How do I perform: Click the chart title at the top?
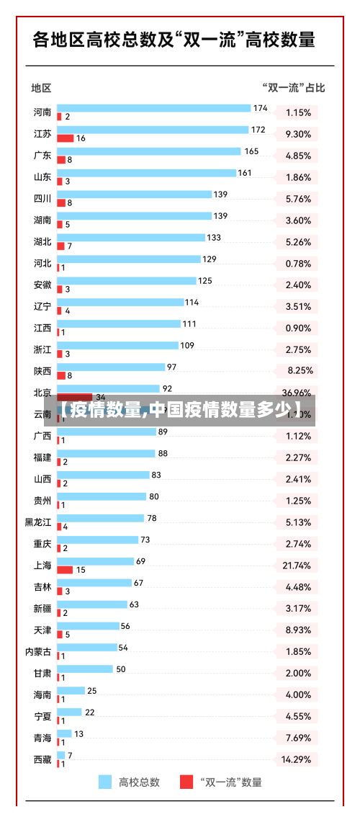(x=174, y=39)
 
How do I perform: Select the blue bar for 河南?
(x=153, y=108)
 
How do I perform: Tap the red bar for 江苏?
(x=66, y=138)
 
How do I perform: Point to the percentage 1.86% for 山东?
(x=298, y=177)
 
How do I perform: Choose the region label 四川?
(x=42, y=198)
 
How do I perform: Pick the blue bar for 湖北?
(x=130, y=238)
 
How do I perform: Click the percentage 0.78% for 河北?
(x=298, y=264)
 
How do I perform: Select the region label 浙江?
(x=42, y=349)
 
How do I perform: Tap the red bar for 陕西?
(x=61, y=375)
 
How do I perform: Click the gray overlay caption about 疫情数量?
(x=180, y=411)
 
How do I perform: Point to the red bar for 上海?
(x=65, y=569)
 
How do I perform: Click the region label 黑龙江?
(x=38, y=522)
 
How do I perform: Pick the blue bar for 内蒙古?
(x=86, y=648)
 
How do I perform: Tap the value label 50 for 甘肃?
(x=121, y=669)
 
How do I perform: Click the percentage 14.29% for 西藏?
(x=297, y=759)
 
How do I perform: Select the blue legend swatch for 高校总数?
(x=105, y=782)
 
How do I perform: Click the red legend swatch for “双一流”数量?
(x=186, y=782)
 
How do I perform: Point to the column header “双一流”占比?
(x=293, y=88)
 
